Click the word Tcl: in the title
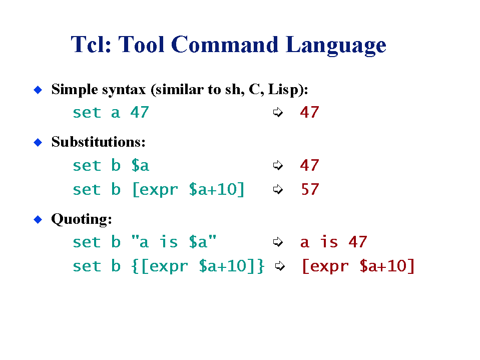91,45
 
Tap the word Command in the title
224,45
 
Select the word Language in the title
336,46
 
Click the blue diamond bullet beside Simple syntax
38,90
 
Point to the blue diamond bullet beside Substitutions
38,142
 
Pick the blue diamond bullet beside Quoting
38,219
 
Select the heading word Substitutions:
98,142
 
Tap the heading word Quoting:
82,219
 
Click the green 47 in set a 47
140,112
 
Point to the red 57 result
310,189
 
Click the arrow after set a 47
278,112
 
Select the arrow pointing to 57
278,189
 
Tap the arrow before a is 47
278,242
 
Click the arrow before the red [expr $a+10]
280,266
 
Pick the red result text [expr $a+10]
358,266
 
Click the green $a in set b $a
140,166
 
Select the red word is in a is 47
329,242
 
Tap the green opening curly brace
134,266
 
